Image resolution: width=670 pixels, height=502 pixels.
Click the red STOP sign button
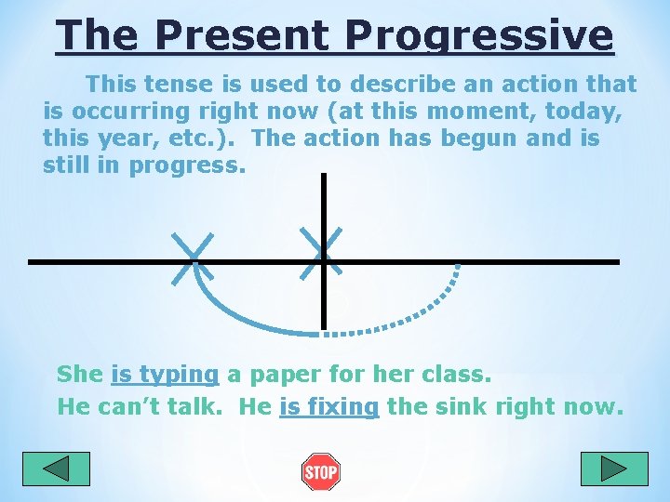click(x=320, y=472)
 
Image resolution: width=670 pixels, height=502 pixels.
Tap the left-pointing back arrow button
click(x=56, y=469)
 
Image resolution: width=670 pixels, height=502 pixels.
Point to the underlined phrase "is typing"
click(x=165, y=375)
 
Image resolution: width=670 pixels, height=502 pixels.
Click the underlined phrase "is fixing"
click(x=329, y=406)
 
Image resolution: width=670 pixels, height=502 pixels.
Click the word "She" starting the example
click(x=80, y=375)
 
